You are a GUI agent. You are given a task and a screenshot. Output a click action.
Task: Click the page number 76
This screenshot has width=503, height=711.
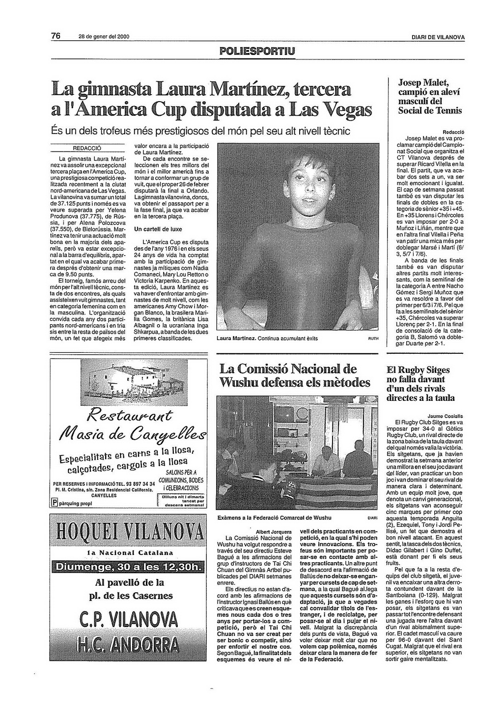pos(56,36)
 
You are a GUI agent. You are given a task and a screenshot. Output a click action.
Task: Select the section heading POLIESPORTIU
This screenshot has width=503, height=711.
pos(257,51)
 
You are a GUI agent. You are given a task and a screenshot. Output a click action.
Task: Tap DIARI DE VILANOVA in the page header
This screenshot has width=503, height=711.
pos(438,38)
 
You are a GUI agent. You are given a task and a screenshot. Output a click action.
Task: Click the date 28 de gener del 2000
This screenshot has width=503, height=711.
pos(104,38)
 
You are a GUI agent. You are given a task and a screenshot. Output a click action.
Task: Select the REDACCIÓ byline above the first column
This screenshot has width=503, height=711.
pos(87,148)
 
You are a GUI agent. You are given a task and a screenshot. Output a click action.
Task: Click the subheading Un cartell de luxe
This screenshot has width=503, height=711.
pos(158,229)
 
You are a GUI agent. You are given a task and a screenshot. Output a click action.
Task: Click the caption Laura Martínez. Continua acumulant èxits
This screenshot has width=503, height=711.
pos(267,339)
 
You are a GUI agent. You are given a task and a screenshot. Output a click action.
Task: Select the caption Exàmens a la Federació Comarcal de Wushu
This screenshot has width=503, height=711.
pos(274,518)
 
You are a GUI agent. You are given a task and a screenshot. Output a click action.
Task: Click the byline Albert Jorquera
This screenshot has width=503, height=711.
pos(274,531)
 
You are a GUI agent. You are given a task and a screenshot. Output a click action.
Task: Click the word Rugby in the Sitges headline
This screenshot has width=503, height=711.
pos(411,370)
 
